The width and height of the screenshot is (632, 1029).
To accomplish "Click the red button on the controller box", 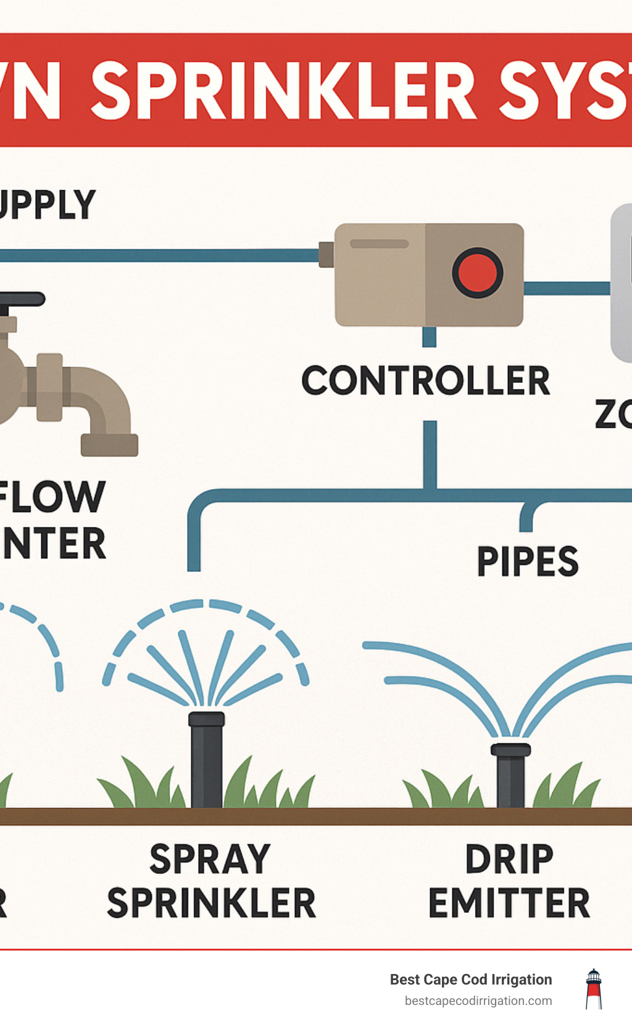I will tap(477, 273).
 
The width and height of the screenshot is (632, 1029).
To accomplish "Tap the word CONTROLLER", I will tap(425, 380).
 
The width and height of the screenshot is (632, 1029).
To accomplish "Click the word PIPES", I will tap(528, 561).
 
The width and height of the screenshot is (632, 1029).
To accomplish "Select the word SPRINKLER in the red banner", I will tap(283, 91).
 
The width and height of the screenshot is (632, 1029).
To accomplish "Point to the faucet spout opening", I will tap(109, 445).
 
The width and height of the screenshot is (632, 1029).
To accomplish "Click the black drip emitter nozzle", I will tap(510, 772).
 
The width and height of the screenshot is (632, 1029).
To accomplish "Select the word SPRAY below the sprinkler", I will tap(210, 859).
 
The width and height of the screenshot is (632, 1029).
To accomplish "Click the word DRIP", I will tap(509, 859).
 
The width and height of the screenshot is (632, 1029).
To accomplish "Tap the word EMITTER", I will tap(509, 903).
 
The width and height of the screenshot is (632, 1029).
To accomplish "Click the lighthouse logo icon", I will tap(593, 989).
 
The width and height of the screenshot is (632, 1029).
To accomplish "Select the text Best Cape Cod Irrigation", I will tap(470, 980).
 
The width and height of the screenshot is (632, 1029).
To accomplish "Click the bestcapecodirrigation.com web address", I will tap(478, 1001).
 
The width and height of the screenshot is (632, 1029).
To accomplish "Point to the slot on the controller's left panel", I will tap(379, 244).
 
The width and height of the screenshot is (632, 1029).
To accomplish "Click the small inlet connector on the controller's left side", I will tap(326, 254).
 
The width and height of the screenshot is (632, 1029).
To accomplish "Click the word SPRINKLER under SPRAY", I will tap(211, 903).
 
